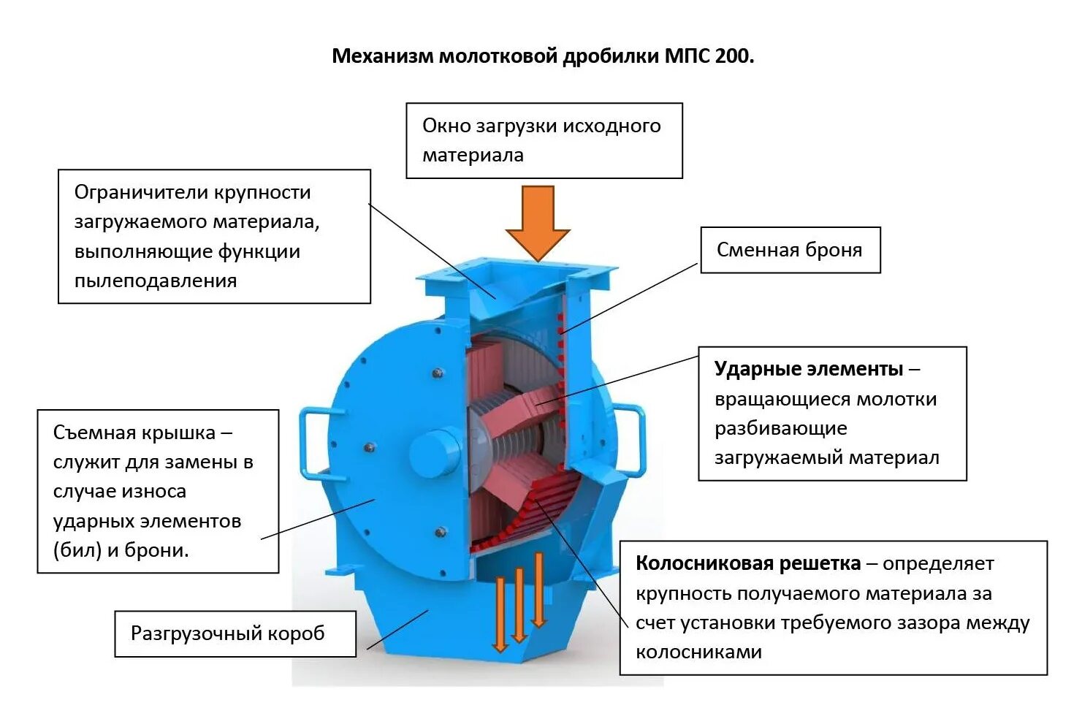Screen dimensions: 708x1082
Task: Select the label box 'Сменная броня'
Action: coord(790,250)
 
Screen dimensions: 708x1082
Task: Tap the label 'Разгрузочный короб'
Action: coord(227,633)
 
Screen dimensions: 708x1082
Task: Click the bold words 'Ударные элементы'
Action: coord(809,369)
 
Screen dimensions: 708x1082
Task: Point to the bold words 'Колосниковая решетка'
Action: coord(747,563)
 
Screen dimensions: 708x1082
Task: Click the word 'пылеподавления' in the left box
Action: coord(156,281)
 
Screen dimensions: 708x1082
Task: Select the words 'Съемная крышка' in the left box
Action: coord(134,433)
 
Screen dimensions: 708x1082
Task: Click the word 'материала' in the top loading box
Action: coord(473,156)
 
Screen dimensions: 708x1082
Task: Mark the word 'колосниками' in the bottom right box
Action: coord(698,652)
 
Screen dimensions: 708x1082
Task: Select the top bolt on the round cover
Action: coord(438,373)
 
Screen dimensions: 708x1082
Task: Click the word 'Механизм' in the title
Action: coord(382,56)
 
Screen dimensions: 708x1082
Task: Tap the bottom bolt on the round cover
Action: coord(440,533)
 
